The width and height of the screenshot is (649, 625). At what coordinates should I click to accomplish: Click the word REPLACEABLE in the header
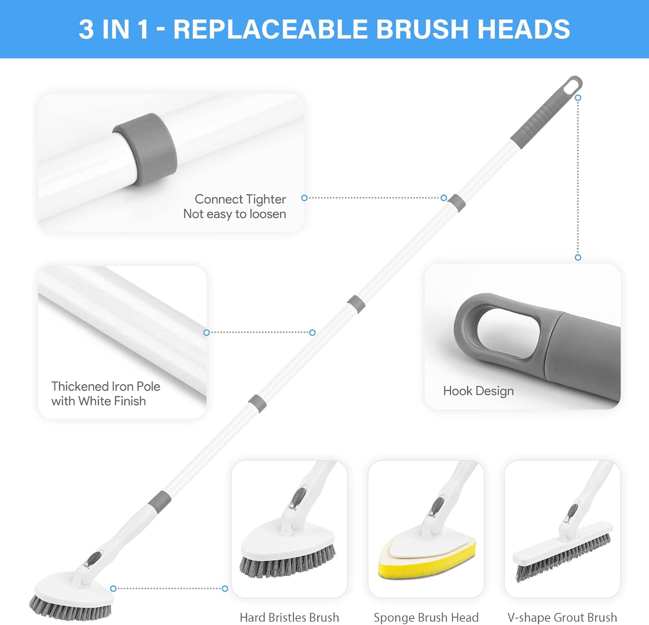tap(270, 29)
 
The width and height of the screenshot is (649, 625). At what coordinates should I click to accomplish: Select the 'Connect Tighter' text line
tap(240, 199)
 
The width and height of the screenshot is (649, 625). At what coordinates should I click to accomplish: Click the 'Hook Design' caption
tap(479, 391)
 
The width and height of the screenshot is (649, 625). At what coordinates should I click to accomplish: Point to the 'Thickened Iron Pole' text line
tap(106, 386)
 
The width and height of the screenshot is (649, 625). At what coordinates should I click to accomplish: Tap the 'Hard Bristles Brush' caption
tap(289, 617)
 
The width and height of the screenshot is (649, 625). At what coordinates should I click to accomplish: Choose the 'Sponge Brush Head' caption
tap(426, 617)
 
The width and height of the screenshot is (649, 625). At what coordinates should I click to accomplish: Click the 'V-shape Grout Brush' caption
tap(562, 617)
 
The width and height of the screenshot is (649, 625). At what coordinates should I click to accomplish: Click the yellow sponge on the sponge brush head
tap(427, 561)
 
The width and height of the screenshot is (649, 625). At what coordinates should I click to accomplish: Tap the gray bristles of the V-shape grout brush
tap(562, 559)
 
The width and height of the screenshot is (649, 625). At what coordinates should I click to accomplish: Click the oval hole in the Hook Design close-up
tap(508, 333)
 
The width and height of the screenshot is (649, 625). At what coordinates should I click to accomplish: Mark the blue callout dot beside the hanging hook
tap(578, 98)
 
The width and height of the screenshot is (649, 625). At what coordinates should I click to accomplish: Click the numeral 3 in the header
tap(86, 29)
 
